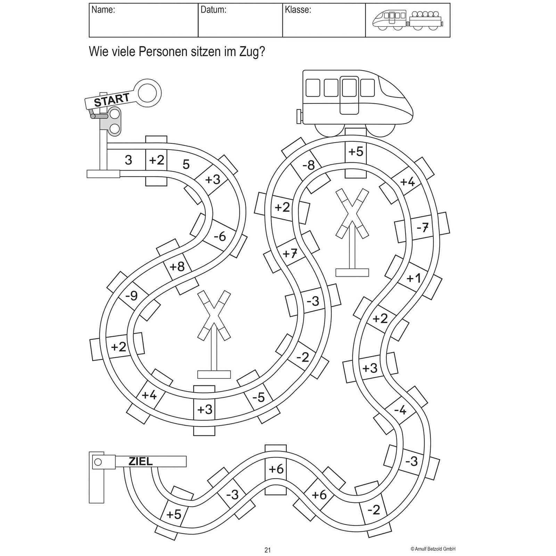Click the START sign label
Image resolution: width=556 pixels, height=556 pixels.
[112, 100]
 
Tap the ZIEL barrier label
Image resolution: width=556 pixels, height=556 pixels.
[141, 461]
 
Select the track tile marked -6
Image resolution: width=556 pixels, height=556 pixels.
[220, 236]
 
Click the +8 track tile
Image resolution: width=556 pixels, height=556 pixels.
[177, 267]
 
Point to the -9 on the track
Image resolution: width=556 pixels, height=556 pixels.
[131, 295]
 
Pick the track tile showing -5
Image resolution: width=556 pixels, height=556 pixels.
[259, 397]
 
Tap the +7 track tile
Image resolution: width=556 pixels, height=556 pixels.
[290, 253]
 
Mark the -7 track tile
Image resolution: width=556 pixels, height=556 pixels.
[422, 228]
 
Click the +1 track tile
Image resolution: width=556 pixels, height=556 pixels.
[414, 278]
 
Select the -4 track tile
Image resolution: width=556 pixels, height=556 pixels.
[400, 410]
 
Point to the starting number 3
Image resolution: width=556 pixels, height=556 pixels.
[128, 160]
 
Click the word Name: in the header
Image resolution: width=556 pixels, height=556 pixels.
[103, 10]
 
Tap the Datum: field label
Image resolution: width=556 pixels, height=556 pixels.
[213, 10]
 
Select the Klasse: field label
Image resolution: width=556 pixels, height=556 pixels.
[298, 10]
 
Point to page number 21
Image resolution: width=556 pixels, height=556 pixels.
[267, 550]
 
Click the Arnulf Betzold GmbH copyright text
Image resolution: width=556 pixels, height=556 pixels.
[433, 549]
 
